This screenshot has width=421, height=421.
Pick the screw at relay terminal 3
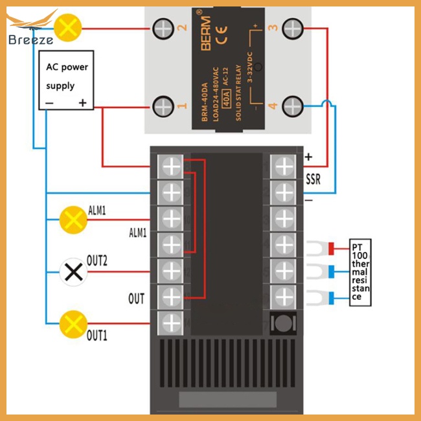(293, 27)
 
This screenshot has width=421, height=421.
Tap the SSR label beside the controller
(313, 178)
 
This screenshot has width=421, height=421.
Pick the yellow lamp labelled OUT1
(73, 323)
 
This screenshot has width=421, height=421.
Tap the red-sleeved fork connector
(322, 248)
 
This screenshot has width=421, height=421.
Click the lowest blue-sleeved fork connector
(322, 299)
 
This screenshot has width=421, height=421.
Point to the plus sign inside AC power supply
(82, 102)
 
